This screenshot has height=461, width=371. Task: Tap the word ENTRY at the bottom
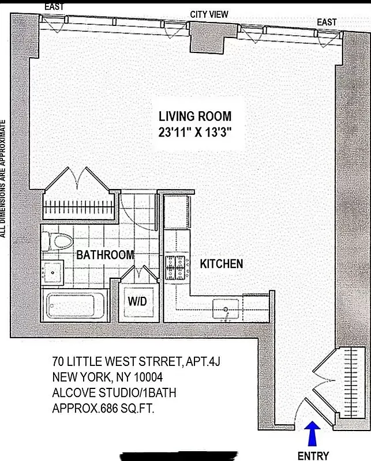click(313, 456)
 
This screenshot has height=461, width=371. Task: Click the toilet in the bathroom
click(58, 241)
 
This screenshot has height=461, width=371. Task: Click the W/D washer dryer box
click(137, 301)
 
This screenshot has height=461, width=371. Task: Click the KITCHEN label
click(221, 264)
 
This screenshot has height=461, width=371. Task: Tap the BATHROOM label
click(105, 255)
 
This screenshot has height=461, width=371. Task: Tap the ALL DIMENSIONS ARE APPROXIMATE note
click(3, 179)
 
